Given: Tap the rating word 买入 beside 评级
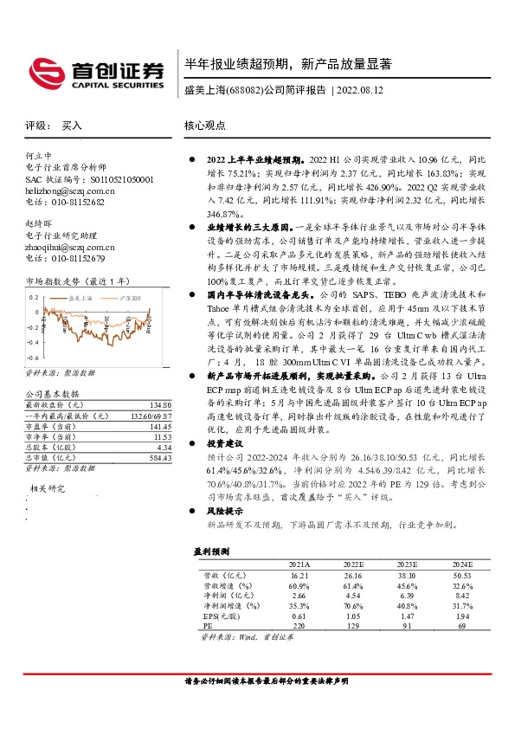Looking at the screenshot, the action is point(72,126).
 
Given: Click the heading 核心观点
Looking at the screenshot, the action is point(205,126).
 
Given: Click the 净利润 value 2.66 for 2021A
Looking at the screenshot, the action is point(299,596).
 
